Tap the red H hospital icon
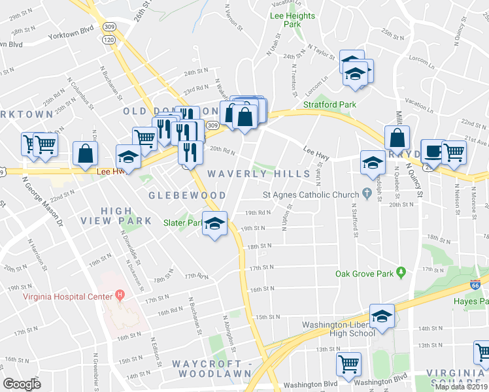120,295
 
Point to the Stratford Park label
329,104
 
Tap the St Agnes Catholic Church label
310,194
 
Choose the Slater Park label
182,223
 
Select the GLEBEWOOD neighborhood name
187,195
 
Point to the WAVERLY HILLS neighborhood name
258,174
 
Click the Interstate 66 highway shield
475,285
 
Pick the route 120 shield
107,41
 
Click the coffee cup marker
431,151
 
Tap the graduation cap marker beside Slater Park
214,224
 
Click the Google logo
22,384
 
